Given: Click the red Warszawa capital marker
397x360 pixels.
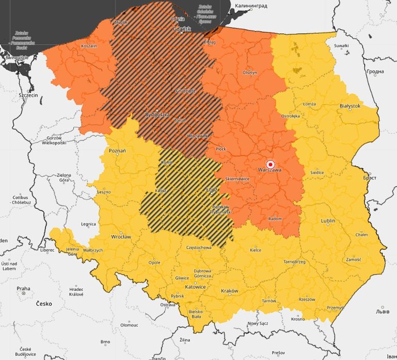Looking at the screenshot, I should pos(269,164).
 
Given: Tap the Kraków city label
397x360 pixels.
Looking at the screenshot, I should pos(229,291).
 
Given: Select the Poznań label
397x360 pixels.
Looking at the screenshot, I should pos(118,150).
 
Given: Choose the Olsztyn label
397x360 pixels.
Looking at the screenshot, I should pos(250,72).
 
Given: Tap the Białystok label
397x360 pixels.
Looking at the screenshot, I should pos(350,105).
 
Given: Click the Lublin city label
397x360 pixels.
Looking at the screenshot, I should pos(328,221).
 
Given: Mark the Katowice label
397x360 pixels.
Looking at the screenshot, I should pos(196,287).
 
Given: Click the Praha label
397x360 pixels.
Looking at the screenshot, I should pos(23,289).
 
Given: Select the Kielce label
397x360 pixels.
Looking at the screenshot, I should pos(255,250).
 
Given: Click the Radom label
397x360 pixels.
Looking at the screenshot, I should pos(275,219).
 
